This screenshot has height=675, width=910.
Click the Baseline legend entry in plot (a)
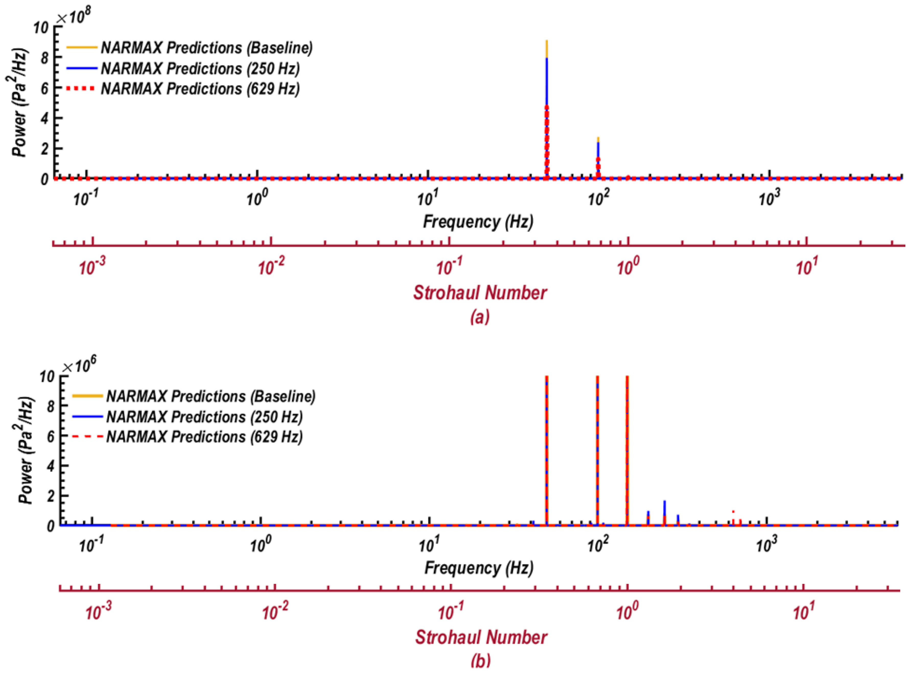click(206, 48)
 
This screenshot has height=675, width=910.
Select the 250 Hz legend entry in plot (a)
click(200, 68)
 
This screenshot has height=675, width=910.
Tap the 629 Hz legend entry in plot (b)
click(204, 437)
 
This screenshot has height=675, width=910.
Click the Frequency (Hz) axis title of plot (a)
click(478, 222)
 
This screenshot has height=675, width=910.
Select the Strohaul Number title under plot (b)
click(481, 637)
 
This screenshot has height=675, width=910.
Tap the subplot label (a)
click(480, 317)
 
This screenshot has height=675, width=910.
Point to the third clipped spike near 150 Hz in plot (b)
click(627, 450)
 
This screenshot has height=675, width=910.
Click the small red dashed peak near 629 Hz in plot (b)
click(733, 517)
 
